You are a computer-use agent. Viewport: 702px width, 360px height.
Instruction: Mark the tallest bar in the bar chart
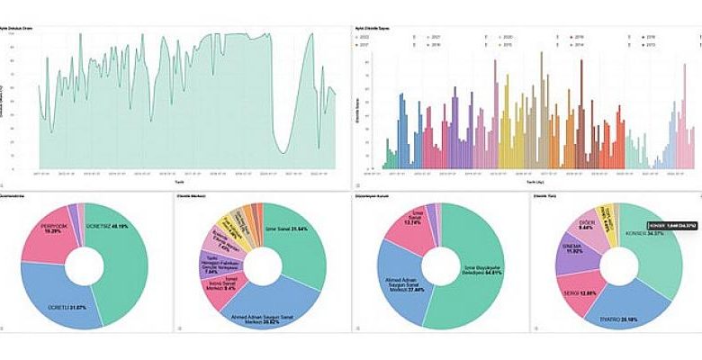[x=541, y=54]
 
